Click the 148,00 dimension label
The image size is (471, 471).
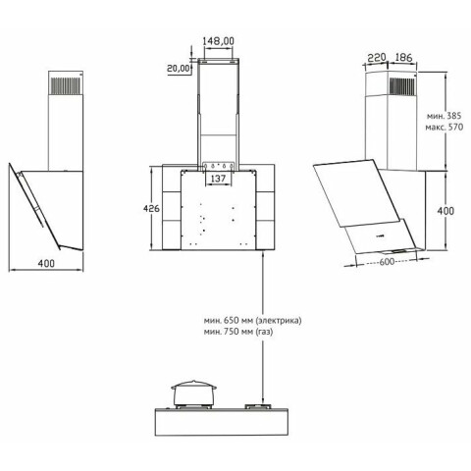218,41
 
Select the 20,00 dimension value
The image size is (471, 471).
179,69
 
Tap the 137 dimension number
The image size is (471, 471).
218,179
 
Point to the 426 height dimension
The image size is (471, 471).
151,208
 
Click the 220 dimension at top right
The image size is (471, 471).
377,58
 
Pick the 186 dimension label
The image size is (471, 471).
403,58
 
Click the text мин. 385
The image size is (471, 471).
444,116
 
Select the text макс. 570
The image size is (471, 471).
445,127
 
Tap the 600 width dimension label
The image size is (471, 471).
387,262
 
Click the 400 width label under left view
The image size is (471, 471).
46,264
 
